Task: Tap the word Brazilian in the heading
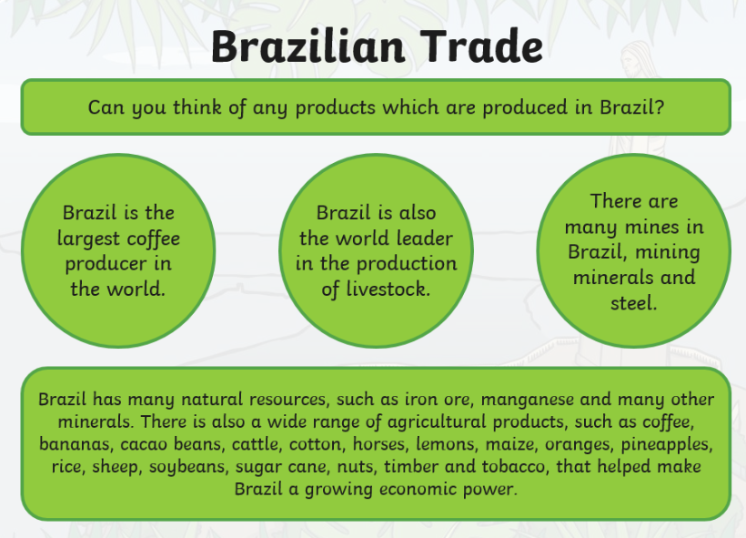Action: pos(308,46)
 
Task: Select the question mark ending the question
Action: pos(659,107)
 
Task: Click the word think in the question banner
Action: pos(197,107)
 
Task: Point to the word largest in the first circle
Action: pos(88,239)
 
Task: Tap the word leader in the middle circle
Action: pos(424,239)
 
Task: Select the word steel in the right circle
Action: pos(634,303)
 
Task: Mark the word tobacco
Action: pos(513,466)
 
